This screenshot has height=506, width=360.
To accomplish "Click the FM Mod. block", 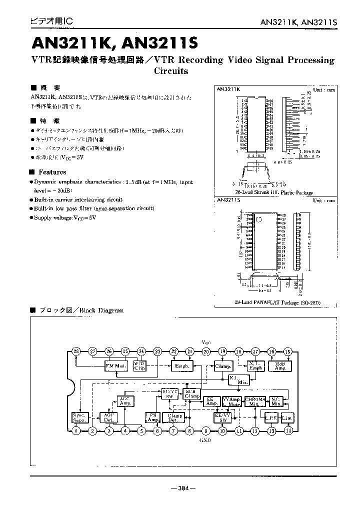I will point(116,365).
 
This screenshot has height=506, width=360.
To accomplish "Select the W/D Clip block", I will point(139,366).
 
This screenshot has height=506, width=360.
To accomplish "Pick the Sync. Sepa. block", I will point(78,416).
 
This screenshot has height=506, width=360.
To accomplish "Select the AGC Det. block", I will point(108,417).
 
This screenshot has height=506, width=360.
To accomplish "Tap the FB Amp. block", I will point(151,417).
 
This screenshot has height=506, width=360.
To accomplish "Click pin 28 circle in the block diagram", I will point(75,351).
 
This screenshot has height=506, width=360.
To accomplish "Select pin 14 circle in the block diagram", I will point(288,430).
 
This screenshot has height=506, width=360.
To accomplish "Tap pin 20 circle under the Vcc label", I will point(206,351).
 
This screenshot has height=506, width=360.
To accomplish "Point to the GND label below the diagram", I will point(205,440).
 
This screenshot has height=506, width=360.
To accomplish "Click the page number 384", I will point(183,487).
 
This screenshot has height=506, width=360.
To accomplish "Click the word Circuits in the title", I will point(171,71).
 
